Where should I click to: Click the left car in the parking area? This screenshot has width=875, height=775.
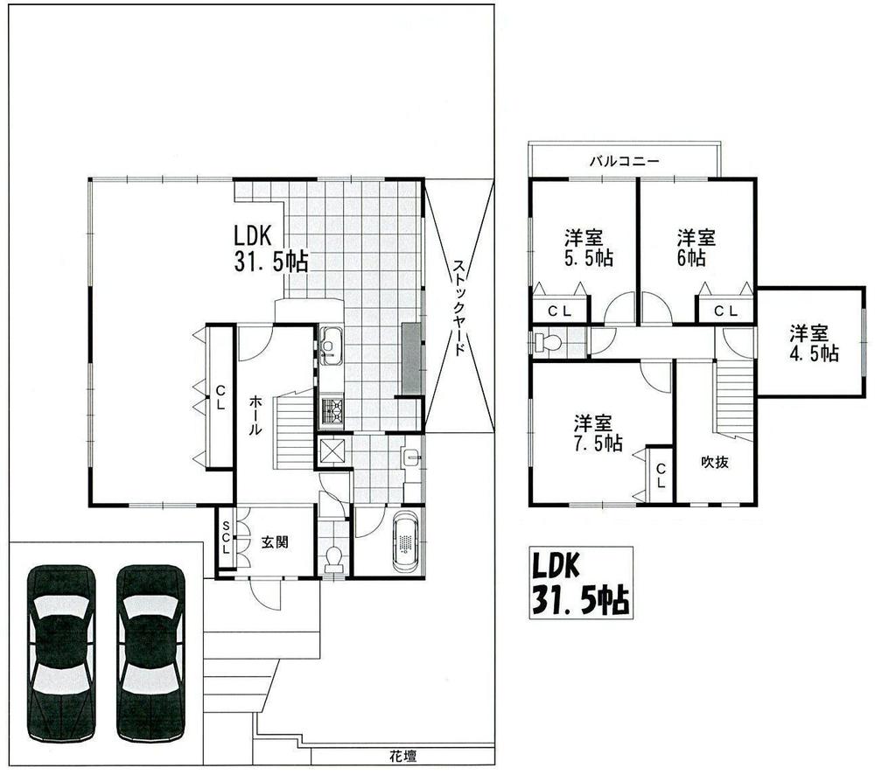click(x=61, y=653)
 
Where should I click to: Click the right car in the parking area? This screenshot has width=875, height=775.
click(x=151, y=653)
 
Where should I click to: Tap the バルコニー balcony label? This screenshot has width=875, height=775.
click(x=623, y=161)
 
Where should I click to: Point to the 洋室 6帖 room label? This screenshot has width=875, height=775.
click(x=696, y=247)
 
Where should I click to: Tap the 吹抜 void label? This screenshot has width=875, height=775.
click(x=714, y=463)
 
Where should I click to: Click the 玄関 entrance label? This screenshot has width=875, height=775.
click(x=275, y=541)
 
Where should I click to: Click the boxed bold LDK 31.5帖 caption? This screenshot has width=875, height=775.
click(x=581, y=583)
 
